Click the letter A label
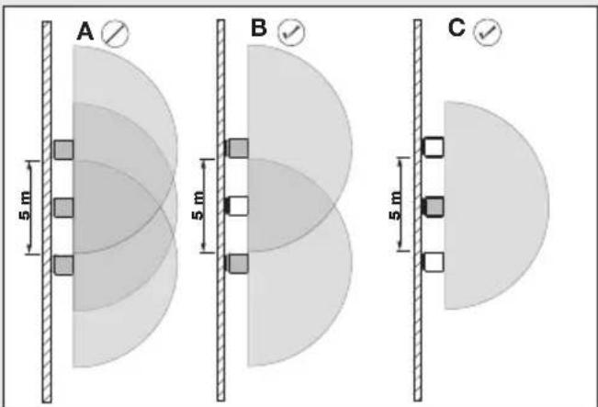(85, 31)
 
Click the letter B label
(259, 28)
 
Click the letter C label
(457, 28)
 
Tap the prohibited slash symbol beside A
(115, 34)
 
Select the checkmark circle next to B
(292, 32)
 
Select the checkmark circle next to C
(488, 32)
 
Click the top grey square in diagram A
(63, 150)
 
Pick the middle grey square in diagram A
(63, 208)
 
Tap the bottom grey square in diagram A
(63, 266)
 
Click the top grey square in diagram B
(238, 149)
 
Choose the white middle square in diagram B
(238, 206)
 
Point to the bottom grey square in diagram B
(238, 264)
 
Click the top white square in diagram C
(434, 147)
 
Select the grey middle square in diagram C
(434, 207)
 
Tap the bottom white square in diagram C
(434, 262)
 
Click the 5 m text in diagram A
(25, 207)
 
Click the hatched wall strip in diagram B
(220, 210)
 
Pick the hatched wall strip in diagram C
(418, 210)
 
